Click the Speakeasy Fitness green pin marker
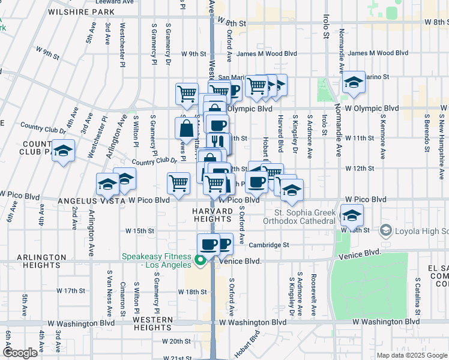coord(200,261)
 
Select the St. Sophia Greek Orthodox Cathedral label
coord(304,217)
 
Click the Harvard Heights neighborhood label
coord(212,216)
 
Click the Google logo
coord(20,352)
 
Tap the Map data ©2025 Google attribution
coord(412,355)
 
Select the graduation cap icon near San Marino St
coord(354,82)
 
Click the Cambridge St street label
coord(270,245)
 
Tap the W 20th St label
coord(176,341)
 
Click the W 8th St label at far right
coord(436,22)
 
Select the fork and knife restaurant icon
coord(218,142)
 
